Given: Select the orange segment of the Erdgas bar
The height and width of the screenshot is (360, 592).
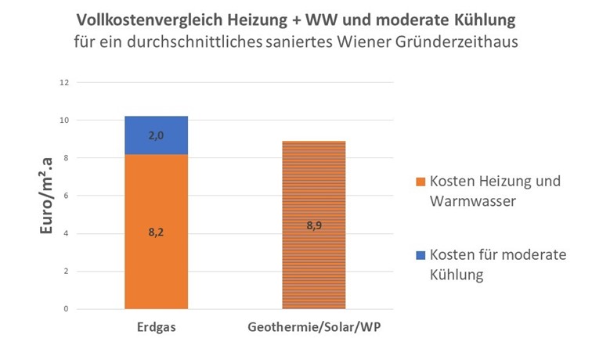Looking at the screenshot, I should (x=156, y=258).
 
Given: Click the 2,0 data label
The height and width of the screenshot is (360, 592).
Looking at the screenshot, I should (x=156, y=135).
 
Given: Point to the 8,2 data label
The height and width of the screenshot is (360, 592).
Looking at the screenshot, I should (x=156, y=232).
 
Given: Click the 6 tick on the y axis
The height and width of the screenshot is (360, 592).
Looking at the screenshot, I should (x=67, y=196).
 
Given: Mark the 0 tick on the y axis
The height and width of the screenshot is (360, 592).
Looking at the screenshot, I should (x=67, y=309).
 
